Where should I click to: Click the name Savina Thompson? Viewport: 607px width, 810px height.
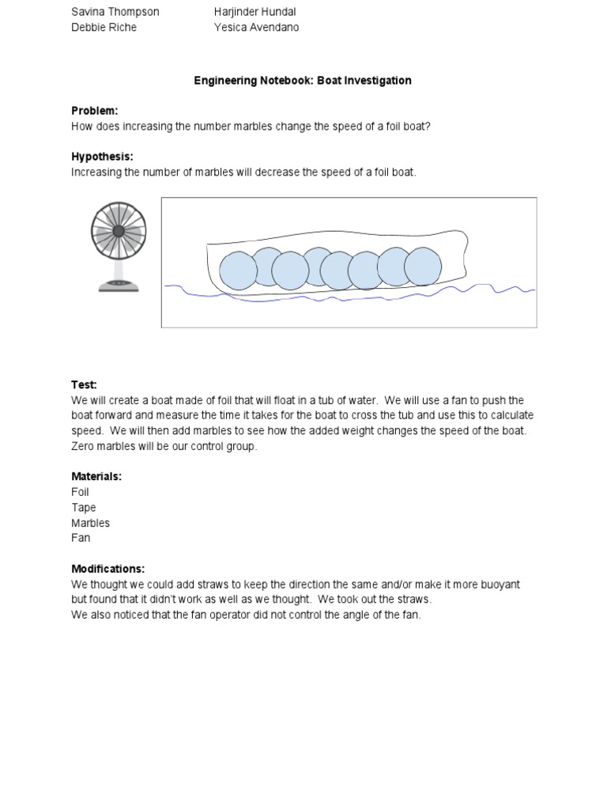click(115, 12)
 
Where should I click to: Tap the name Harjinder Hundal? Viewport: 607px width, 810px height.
click(254, 12)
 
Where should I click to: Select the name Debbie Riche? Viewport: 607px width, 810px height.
click(104, 27)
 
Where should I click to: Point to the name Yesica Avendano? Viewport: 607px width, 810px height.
click(256, 27)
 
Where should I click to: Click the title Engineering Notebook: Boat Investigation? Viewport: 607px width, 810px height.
click(303, 81)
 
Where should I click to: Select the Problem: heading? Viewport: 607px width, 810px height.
click(94, 111)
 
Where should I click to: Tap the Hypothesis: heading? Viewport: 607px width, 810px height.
click(102, 157)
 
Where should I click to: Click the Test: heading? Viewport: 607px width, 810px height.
click(84, 384)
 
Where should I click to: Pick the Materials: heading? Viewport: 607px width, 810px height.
click(96, 476)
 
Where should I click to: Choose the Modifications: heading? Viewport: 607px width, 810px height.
click(108, 569)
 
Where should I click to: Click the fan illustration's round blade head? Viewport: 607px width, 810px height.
click(119, 231)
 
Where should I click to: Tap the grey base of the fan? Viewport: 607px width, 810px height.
click(119, 286)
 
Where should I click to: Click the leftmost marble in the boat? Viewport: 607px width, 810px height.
click(239, 271)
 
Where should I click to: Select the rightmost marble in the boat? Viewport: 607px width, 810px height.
click(422, 267)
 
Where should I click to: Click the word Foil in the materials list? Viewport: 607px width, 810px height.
click(80, 492)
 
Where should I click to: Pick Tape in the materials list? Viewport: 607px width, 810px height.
click(84, 508)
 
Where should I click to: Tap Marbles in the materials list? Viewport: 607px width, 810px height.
click(90, 523)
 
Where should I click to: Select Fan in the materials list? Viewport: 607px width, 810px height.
click(81, 538)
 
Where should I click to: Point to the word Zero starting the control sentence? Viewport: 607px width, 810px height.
click(85, 446)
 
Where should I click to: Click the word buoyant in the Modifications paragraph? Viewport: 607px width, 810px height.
click(498, 584)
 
